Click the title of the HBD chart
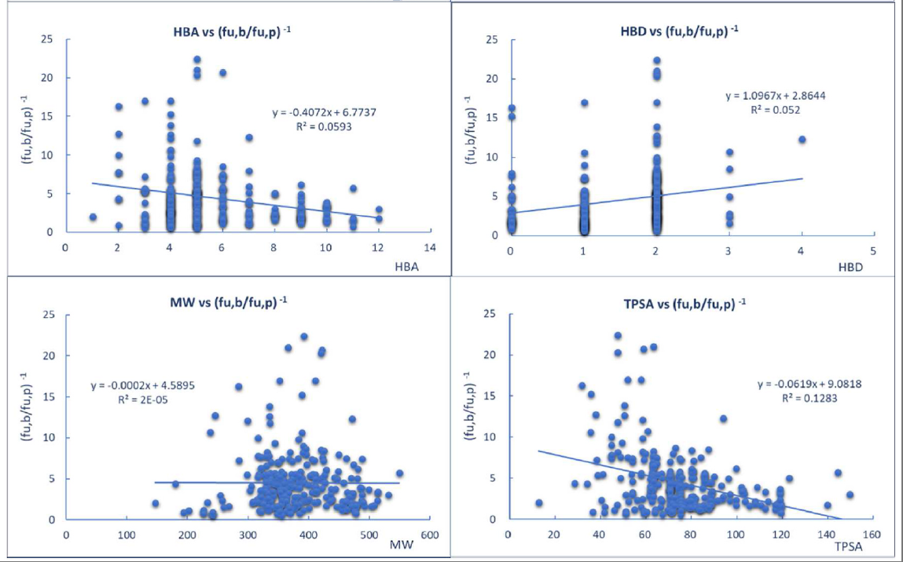click(x=678, y=32)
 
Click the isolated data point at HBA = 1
click(x=93, y=217)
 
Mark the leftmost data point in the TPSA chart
click(x=538, y=503)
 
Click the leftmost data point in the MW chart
click(x=156, y=503)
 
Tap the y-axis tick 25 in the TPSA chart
click(x=490, y=315)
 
